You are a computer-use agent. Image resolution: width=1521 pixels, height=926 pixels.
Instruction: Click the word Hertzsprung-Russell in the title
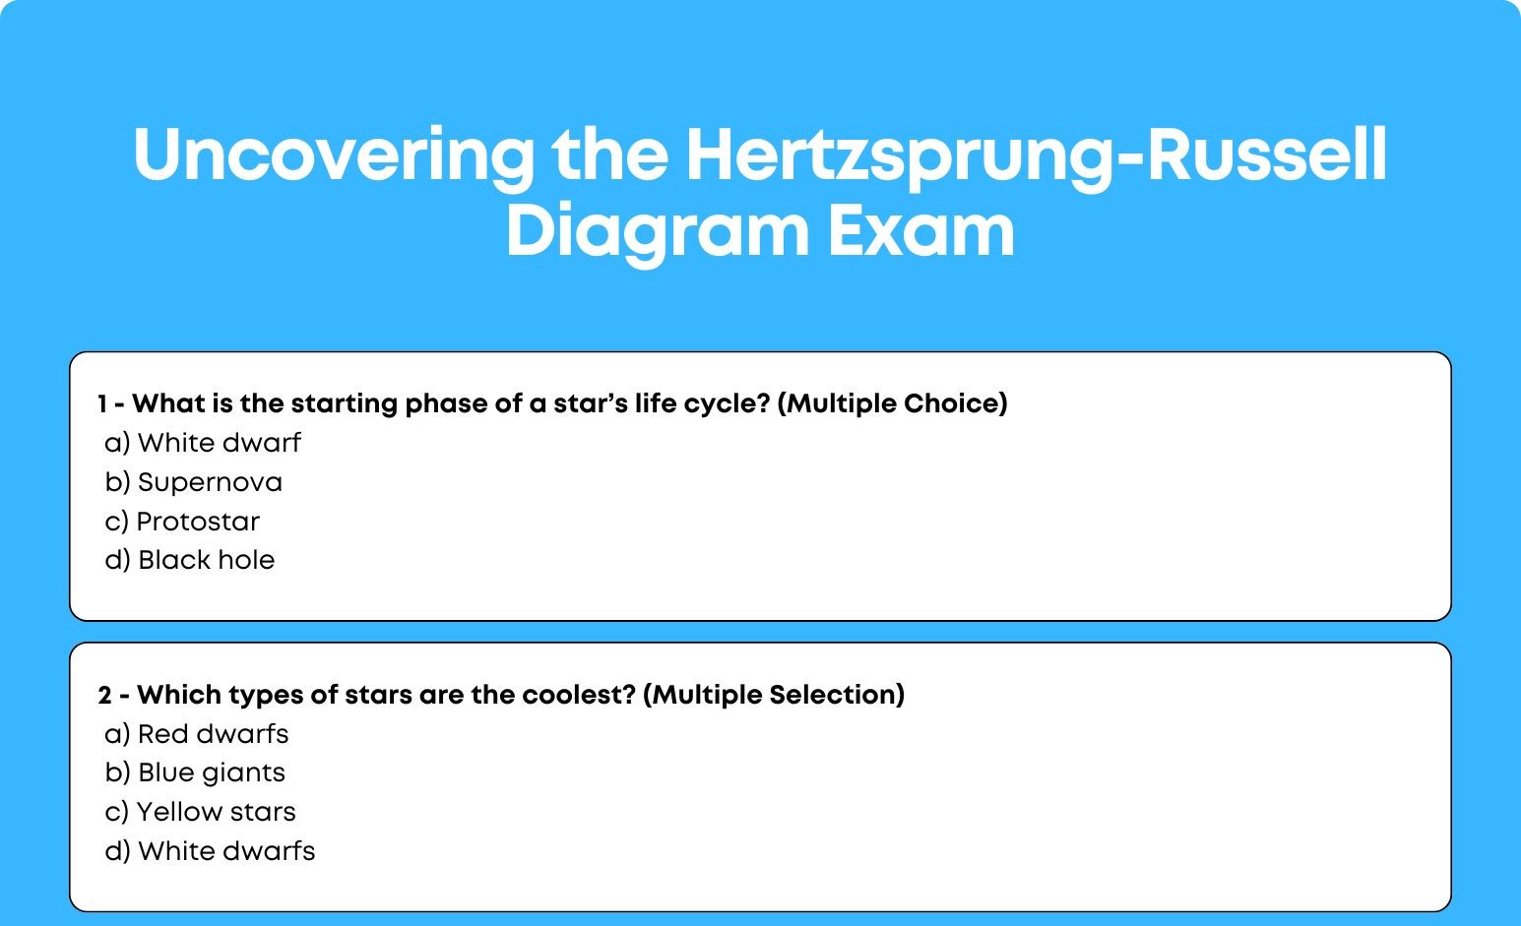[x=1037, y=156]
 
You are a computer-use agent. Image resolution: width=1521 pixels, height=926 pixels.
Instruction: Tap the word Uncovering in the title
[x=334, y=156]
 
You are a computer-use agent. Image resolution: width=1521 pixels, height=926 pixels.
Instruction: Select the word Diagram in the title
[x=658, y=232]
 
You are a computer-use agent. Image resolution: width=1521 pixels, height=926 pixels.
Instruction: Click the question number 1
[x=102, y=403]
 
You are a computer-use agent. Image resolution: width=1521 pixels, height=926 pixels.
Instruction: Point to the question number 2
[x=104, y=695]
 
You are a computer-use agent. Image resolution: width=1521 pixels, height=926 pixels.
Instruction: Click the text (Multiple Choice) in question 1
[x=892, y=404]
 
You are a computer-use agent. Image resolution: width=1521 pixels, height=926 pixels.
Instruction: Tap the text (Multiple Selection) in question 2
[x=774, y=696]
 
